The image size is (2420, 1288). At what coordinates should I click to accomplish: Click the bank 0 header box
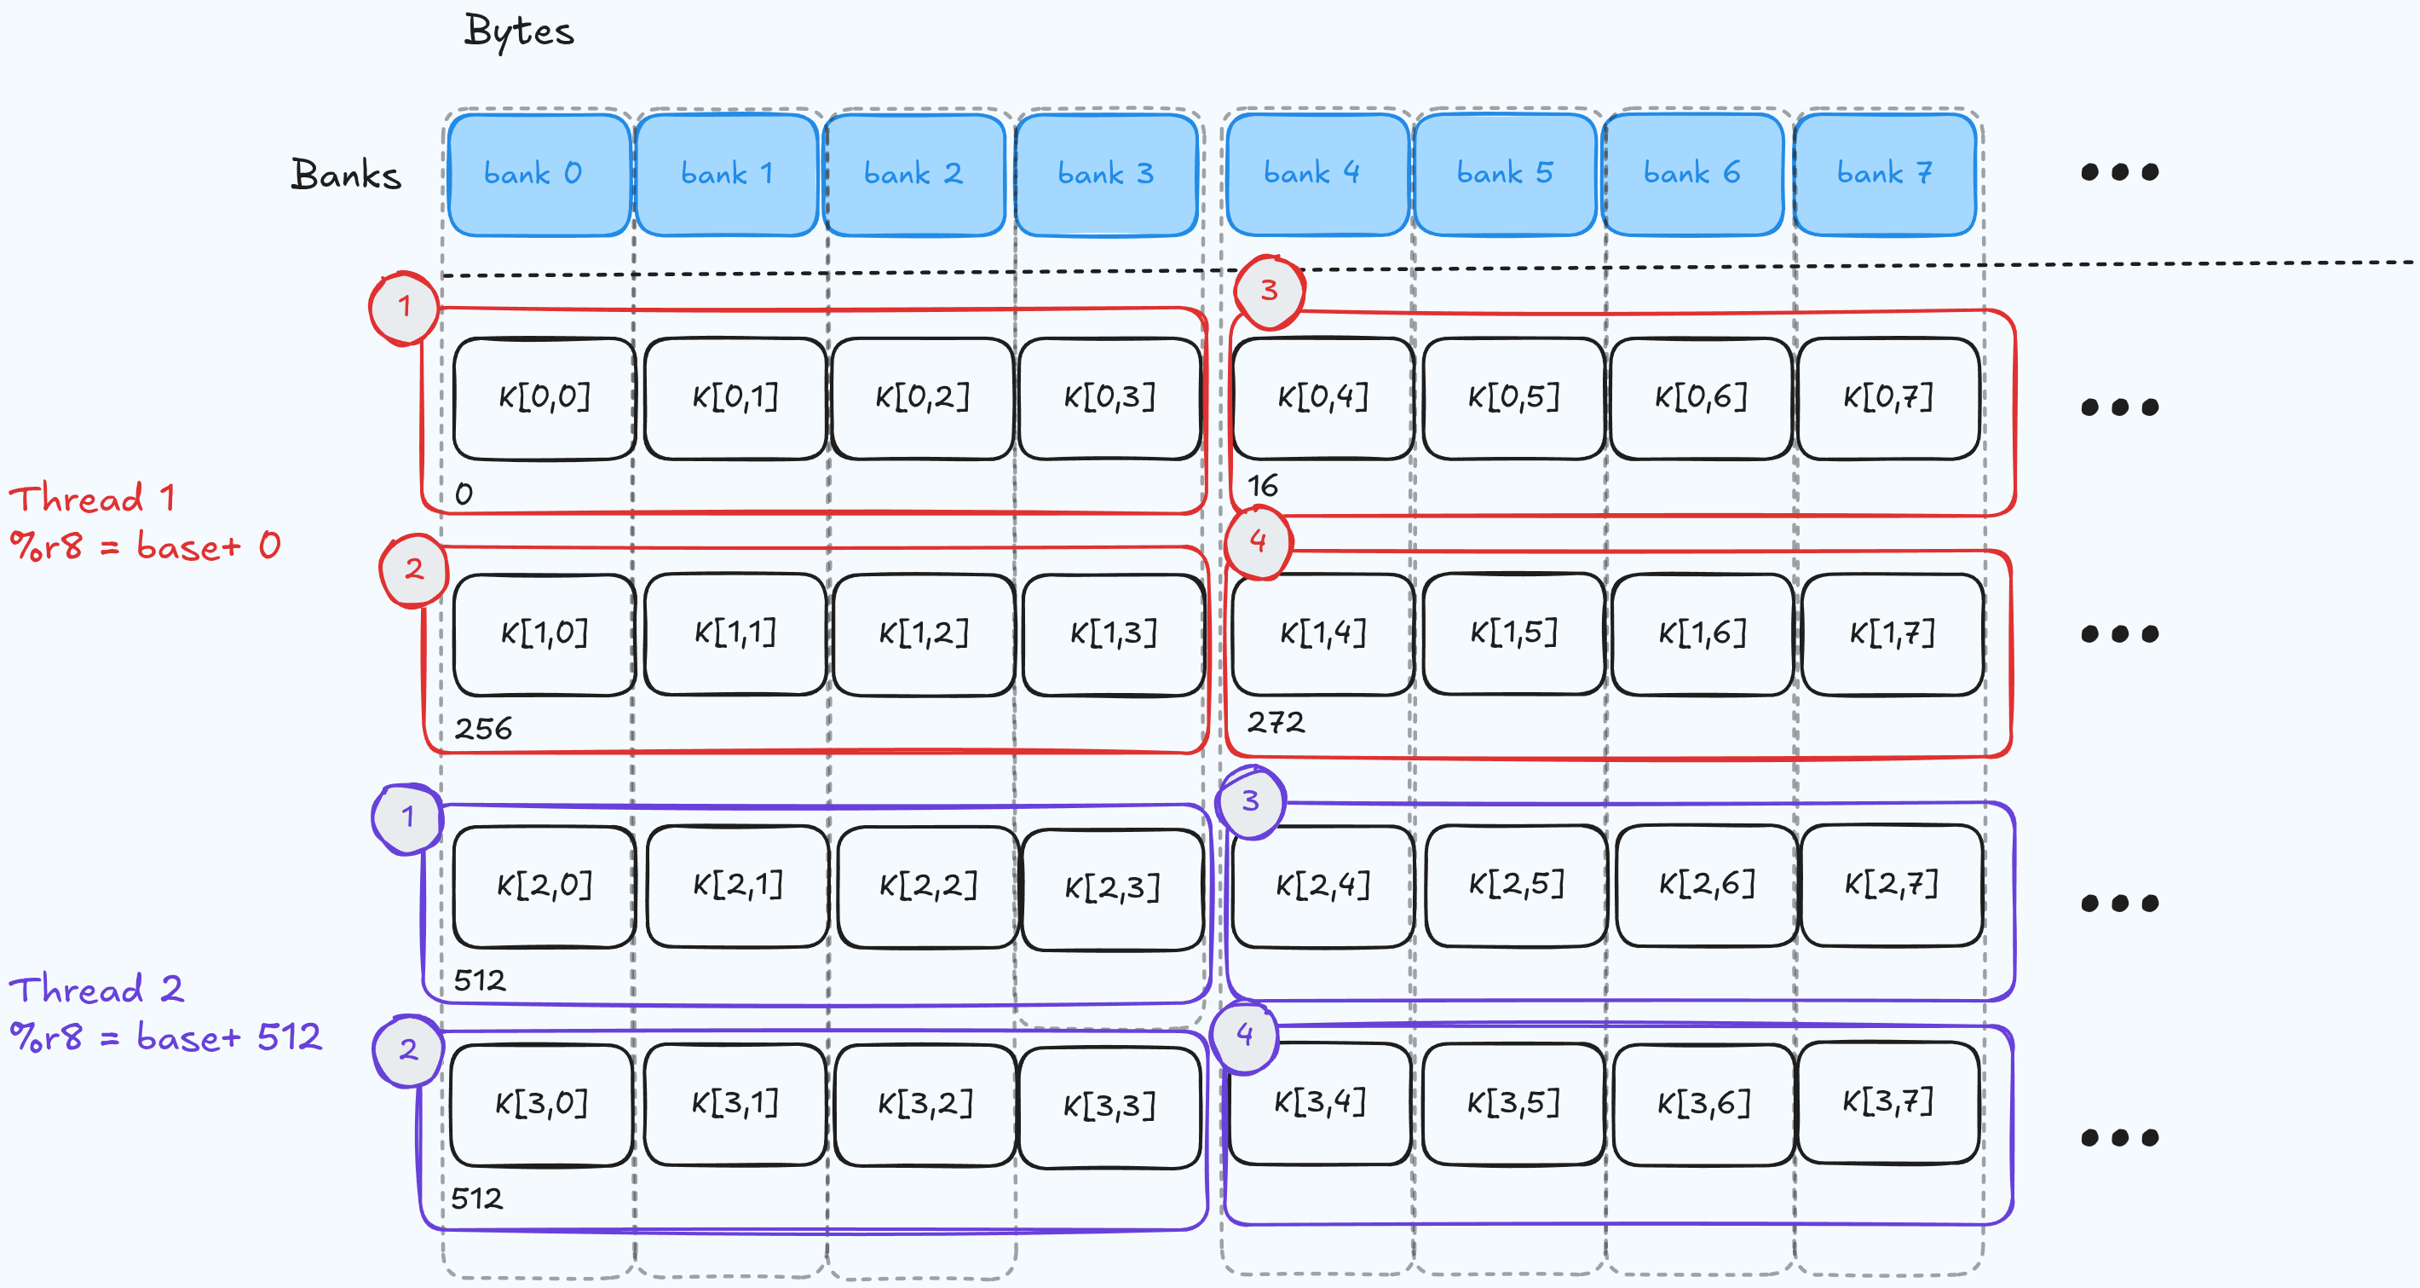(539, 175)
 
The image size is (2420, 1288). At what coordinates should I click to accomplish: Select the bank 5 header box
(1504, 174)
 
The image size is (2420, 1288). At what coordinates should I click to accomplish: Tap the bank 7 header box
(1885, 174)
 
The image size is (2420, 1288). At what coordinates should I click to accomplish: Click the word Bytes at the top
(519, 32)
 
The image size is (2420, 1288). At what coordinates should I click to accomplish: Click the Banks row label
(346, 176)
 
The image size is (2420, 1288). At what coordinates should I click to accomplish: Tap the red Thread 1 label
(92, 498)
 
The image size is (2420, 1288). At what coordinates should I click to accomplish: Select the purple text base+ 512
(228, 1037)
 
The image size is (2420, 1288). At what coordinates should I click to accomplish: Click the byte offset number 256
(483, 728)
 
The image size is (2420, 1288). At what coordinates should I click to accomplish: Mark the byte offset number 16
(1262, 486)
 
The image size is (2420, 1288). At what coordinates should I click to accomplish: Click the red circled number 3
(1268, 291)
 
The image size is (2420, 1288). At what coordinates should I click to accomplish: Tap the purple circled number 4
(1245, 1036)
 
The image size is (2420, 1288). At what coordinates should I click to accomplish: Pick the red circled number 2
(413, 569)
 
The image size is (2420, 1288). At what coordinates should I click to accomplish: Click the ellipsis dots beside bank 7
(2119, 173)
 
